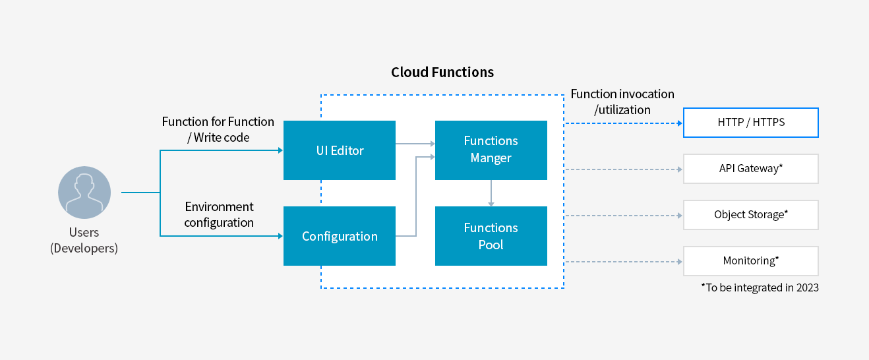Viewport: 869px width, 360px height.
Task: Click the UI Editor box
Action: coord(339,150)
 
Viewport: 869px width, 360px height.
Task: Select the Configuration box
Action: coord(339,236)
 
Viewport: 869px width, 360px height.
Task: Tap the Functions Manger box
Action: coord(491,150)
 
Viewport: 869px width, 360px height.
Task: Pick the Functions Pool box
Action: coord(491,236)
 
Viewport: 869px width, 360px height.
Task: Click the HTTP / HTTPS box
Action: coord(750,123)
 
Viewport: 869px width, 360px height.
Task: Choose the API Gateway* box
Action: coord(750,169)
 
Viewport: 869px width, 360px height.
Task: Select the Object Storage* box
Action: coord(750,215)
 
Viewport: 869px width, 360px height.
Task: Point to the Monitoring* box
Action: coord(750,261)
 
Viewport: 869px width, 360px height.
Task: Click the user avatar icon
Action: coord(84,193)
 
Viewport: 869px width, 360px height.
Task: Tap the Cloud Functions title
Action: coord(442,73)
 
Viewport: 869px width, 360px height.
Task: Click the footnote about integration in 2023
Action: coord(760,287)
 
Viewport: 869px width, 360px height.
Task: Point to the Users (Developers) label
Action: coord(84,241)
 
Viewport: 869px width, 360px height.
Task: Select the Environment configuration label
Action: coord(219,215)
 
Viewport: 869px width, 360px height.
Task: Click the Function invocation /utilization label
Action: coord(622,102)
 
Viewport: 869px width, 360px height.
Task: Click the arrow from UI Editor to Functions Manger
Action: coord(415,143)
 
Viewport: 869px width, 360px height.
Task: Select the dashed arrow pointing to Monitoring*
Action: coord(623,262)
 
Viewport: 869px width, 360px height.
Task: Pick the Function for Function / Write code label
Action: coord(218,129)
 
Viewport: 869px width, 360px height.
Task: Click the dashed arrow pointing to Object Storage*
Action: coord(623,216)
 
